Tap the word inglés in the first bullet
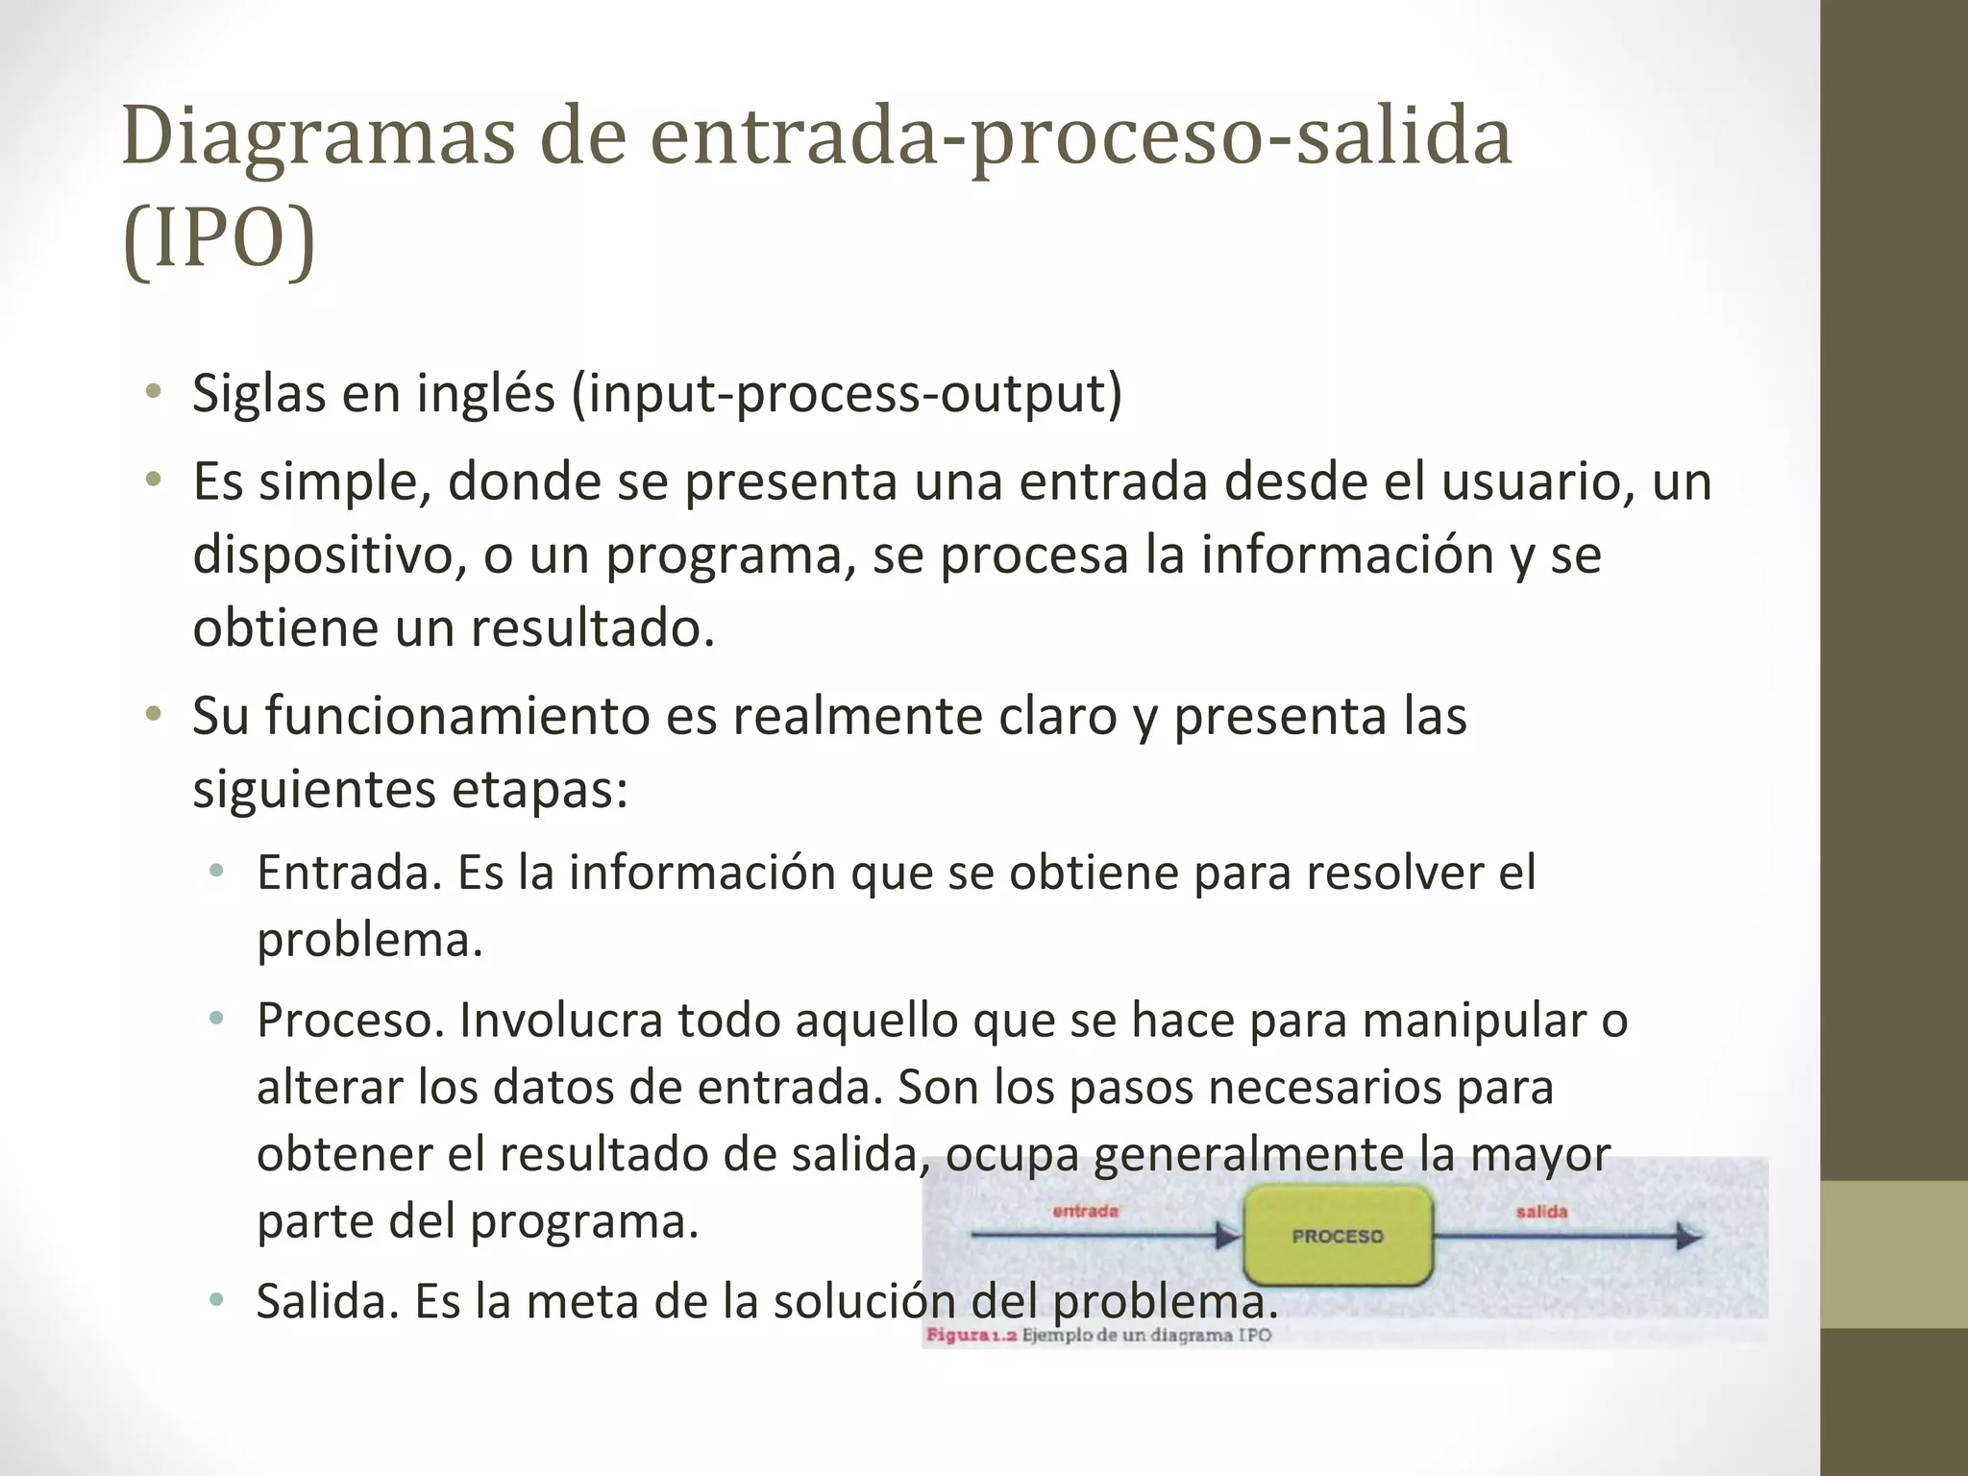[485, 394]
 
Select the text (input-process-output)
[847, 394]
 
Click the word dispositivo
[323, 555]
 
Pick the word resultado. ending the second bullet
[593, 628]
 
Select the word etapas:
[539, 790]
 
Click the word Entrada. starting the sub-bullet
[349, 873]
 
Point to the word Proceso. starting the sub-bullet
[350, 1021]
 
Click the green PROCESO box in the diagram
[1337, 1236]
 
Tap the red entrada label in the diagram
[1085, 1211]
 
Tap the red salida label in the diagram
[1541, 1212]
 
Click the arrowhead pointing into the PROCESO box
[1227, 1236]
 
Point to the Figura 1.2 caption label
[971, 1335]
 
